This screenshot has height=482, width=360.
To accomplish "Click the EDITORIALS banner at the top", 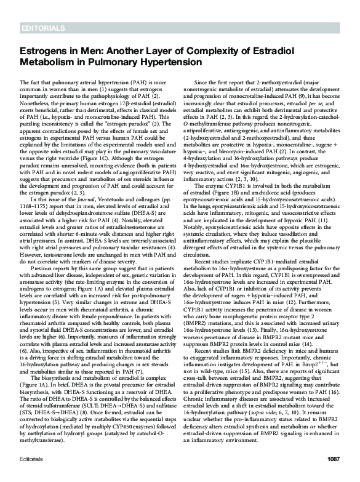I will tap(42, 29).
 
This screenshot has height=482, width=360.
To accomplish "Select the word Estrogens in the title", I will tap(44, 53).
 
